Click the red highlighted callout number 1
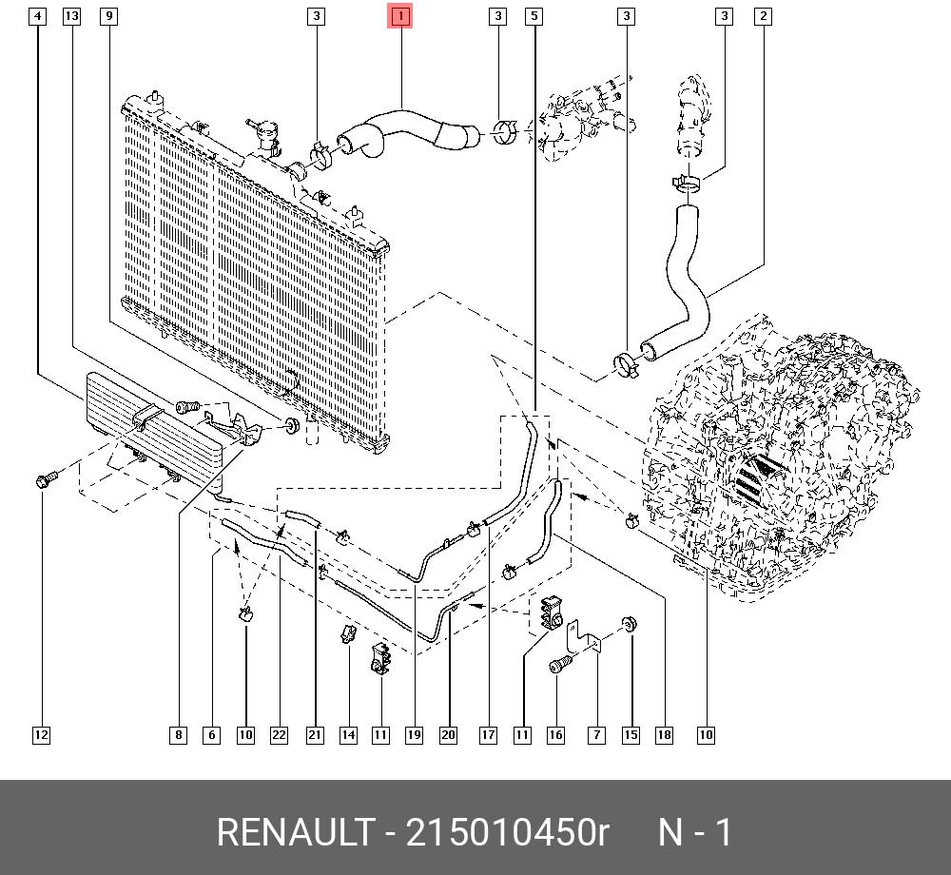400,16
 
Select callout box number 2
763,16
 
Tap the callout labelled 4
37,16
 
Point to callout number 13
72,16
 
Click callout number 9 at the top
108,16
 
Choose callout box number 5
534,16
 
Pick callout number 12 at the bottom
40,734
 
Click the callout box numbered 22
279,734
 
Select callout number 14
349,734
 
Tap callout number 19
414,734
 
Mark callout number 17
488,734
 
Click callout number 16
555,734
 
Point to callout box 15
631,734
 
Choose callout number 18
664,734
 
